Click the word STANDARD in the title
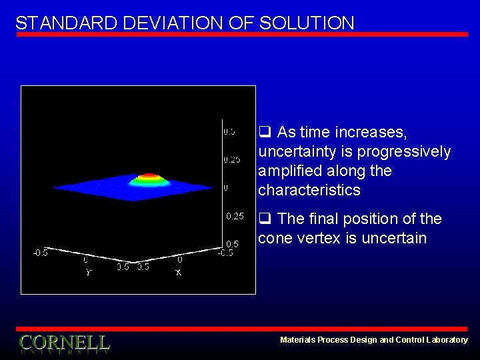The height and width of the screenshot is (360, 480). [x=66, y=23]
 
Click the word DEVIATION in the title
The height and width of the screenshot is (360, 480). [x=175, y=23]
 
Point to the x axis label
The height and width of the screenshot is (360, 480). [x=179, y=272]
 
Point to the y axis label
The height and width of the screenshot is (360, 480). [x=88, y=272]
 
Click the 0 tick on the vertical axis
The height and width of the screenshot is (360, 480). [x=225, y=188]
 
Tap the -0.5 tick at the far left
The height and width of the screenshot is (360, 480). [x=40, y=253]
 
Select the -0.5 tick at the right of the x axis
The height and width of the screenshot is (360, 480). [x=226, y=253]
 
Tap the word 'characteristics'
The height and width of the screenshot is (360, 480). [x=309, y=190]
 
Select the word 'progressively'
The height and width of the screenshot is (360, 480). [x=404, y=151]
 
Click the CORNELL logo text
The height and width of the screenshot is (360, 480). [x=64, y=343]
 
